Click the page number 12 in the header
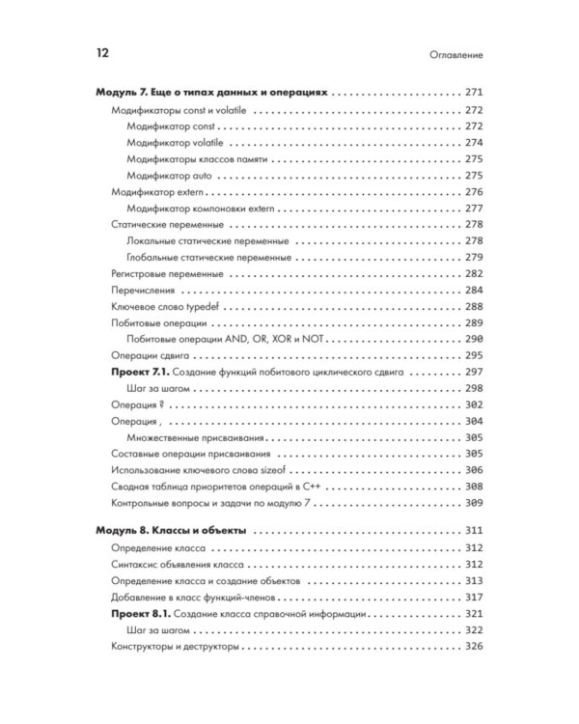tap(103, 55)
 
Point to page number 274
tap(473, 143)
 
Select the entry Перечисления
tap(146, 291)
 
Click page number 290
tap(473, 340)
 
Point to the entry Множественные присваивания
tap(188, 437)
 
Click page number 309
tap(473, 503)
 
